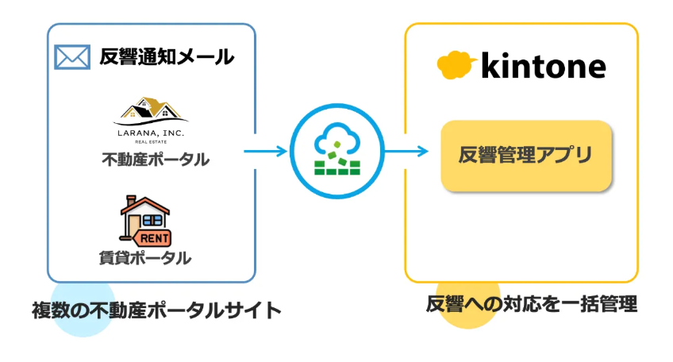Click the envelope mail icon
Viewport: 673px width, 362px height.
click(72, 57)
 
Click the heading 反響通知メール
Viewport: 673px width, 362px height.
click(167, 57)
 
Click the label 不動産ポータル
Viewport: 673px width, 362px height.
click(156, 160)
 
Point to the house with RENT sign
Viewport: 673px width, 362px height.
click(144, 218)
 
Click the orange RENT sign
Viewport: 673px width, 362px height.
click(156, 237)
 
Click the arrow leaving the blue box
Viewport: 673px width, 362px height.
click(265, 150)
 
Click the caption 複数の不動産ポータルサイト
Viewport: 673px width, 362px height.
click(157, 310)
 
